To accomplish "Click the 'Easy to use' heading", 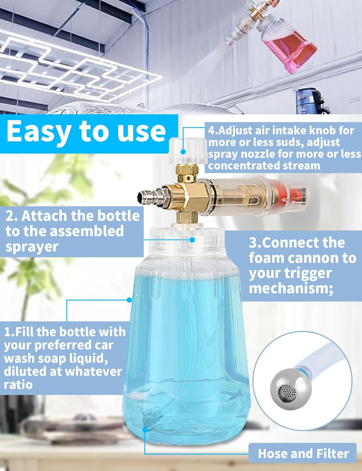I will coord(86,131).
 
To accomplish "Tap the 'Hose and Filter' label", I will coord(303,453).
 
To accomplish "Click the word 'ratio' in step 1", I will coord(18,384).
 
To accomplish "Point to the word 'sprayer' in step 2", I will coord(32,247).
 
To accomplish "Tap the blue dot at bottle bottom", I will coord(145,429).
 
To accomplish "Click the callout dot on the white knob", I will coord(183,152).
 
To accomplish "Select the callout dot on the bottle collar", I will coord(192,240).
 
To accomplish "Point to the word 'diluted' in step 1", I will coord(24,371).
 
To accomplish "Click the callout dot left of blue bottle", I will coord(129,300).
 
